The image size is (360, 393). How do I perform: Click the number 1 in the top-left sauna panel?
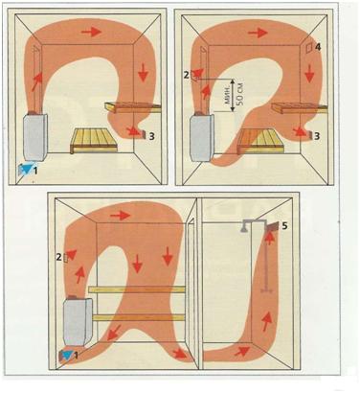(35, 171)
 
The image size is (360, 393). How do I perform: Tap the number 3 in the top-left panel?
(152, 136)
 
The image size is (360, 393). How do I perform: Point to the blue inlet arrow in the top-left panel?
(26, 168)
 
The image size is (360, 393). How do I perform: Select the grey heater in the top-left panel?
(35, 137)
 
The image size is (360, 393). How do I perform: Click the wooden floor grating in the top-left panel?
(94, 140)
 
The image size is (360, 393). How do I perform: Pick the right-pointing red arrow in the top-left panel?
(92, 32)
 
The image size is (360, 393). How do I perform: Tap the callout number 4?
(318, 47)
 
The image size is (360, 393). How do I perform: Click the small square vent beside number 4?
(309, 48)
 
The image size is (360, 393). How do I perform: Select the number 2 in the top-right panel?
(187, 75)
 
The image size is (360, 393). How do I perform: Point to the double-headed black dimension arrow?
(233, 95)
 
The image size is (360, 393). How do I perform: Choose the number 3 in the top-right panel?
(317, 136)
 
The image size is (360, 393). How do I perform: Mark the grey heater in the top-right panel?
(202, 138)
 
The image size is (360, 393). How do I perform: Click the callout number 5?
(284, 226)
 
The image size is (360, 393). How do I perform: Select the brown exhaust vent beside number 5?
(273, 226)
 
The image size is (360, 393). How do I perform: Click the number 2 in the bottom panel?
(58, 257)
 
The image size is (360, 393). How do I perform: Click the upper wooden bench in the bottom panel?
(137, 289)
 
